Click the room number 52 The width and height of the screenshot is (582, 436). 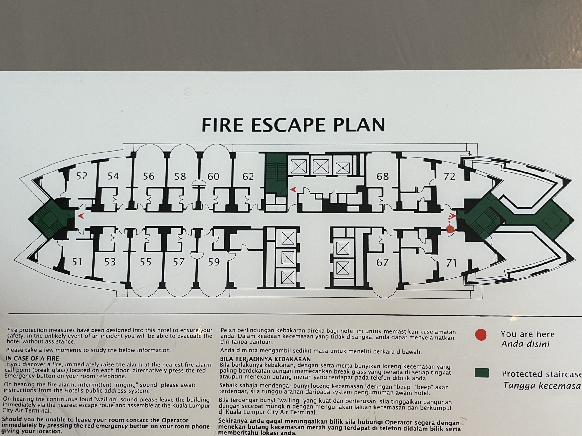coord(82,176)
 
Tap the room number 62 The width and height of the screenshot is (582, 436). coord(248,177)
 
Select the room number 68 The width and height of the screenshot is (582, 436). coord(383,177)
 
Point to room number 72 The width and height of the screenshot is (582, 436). coord(449,177)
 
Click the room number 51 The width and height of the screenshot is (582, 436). coord(77,262)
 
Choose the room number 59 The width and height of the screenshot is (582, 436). coord(214,262)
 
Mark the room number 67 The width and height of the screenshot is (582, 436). coord(382,262)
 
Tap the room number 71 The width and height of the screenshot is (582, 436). coord(451,263)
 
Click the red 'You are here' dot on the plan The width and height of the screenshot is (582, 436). coord(450,229)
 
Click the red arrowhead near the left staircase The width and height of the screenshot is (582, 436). coord(81,216)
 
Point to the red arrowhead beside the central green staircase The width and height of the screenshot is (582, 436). coord(293,189)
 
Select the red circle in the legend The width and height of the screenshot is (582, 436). coord(481,335)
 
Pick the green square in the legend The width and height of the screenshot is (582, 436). coord(482,373)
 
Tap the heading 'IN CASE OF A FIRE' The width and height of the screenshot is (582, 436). coord(32,358)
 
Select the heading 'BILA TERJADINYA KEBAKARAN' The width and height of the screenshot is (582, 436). coord(265,359)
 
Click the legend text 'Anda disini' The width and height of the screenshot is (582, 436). coord(525,344)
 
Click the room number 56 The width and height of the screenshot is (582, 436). coord(149,176)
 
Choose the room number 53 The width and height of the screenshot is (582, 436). coord(110,262)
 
